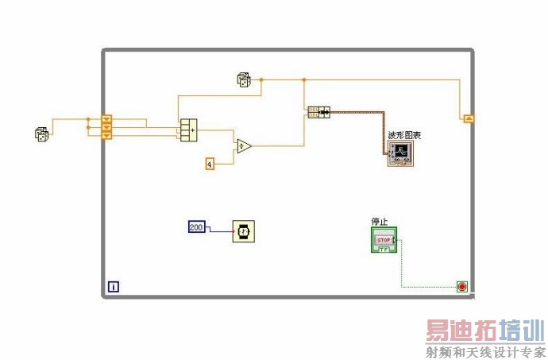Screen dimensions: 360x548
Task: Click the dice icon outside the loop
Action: (41, 134)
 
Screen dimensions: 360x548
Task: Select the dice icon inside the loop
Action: (244, 79)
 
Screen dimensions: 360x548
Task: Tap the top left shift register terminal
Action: (107, 119)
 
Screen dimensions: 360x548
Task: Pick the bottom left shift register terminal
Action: (107, 135)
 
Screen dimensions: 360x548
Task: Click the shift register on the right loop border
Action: (469, 118)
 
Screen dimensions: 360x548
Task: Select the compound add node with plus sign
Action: (188, 129)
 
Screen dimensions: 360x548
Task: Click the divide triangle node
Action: (243, 145)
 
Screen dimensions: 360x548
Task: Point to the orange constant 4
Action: (210, 164)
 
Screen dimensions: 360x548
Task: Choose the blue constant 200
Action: (197, 227)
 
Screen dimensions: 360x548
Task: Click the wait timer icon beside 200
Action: (243, 231)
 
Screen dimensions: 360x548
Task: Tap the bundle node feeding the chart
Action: (318, 112)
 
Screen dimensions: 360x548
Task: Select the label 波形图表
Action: (403, 136)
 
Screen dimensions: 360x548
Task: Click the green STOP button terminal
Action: (384, 240)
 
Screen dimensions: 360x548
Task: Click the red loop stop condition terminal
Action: (462, 286)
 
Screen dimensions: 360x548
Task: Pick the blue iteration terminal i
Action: (114, 286)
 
